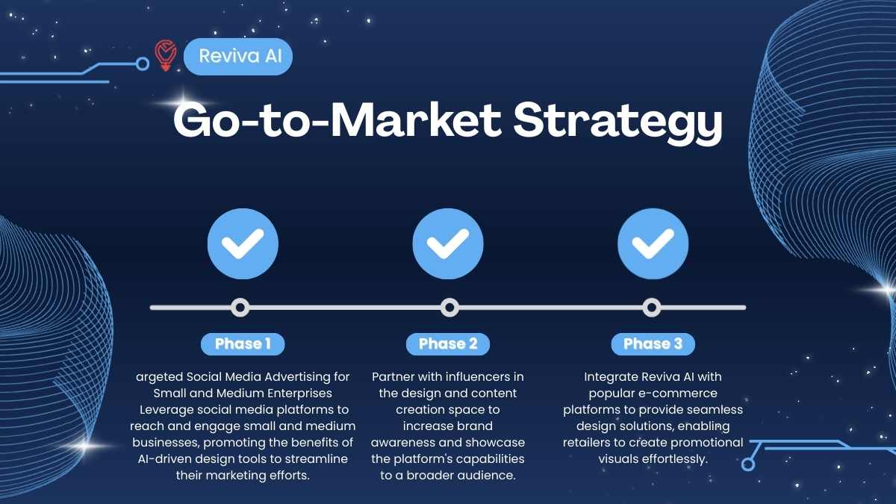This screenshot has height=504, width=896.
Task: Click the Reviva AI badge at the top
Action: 238,57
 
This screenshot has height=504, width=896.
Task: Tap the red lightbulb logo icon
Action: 166,55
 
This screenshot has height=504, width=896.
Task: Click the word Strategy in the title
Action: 617,122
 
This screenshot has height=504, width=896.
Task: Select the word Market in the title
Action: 417,119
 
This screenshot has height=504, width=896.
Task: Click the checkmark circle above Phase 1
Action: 243,243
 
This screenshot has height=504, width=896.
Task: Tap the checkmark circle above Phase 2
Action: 448,243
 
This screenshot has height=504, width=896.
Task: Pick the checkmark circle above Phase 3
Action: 653,243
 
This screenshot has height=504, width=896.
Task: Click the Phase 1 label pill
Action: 243,344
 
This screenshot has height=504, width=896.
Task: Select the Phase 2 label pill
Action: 448,344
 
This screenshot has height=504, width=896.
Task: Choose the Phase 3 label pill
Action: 653,344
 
